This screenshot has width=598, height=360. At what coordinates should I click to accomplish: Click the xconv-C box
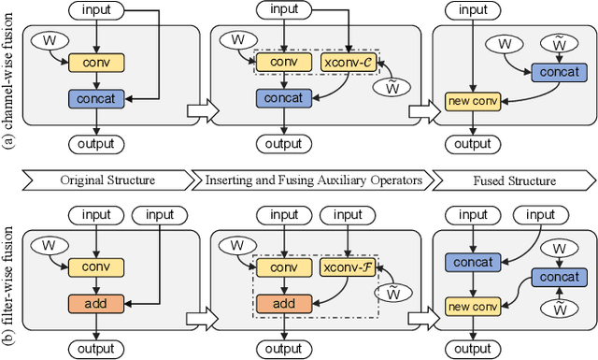click(347, 63)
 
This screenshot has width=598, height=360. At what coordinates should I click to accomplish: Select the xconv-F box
click(347, 267)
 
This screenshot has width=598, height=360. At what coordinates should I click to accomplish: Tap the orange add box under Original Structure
click(96, 303)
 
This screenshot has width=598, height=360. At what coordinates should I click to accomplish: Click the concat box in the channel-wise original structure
click(96, 97)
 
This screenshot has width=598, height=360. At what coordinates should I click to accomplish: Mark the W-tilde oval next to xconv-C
click(393, 86)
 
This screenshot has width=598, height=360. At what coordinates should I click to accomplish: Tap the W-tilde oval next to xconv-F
click(393, 291)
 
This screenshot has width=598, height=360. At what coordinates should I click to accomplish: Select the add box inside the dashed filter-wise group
click(286, 303)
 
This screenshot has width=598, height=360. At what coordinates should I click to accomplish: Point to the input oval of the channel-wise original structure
click(96, 11)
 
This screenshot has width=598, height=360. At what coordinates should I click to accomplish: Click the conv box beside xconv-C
click(286, 63)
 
